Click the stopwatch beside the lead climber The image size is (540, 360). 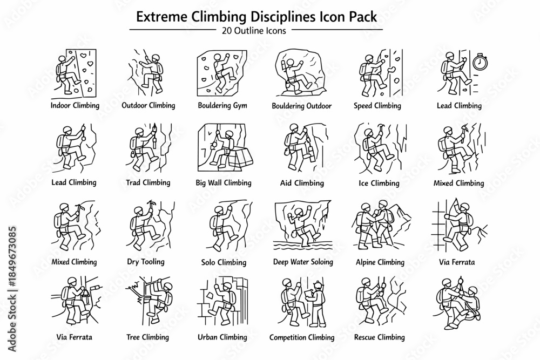tap(480, 62)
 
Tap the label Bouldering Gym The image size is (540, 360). tap(222, 106)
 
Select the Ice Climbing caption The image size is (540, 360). tap(379, 183)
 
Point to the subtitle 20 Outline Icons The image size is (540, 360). tap(254, 31)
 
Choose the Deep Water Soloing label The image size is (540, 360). tap(303, 262)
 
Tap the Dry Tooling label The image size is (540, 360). tap(146, 262)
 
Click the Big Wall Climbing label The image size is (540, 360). tap(224, 183)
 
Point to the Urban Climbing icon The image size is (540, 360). tap(222, 301)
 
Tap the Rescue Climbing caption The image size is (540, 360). tap(380, 337)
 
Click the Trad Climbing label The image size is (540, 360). tap(148, 182)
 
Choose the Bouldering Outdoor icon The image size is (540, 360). tap(301, 72)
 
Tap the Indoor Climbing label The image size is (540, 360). tap(75, 105)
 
